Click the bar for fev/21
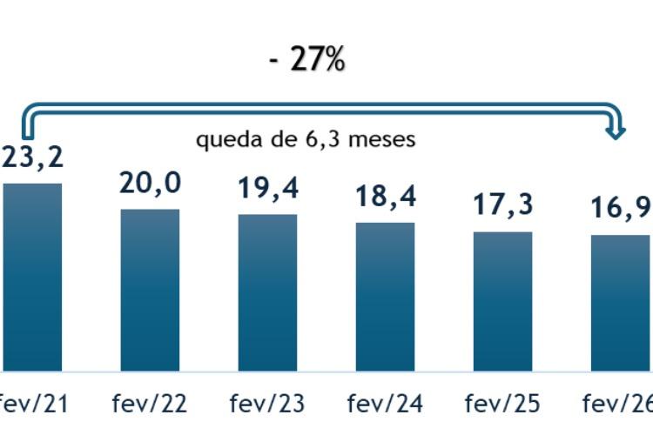[32, 277]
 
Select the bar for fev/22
[150, 290]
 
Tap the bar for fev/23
[267, 292]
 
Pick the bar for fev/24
[385, 297]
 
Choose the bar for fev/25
[502, 301]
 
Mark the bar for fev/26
[620, 303]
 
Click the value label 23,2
[33, 159]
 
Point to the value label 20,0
[150, 184]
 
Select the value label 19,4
[267, 189]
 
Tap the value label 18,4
[385, 197]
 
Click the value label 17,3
[502, 205]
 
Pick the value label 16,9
[620, 210]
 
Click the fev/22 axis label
[150, 405]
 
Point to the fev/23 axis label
[267, 405]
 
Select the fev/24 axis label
[385, 405]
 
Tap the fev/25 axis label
[502, 405]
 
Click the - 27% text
[307, 61]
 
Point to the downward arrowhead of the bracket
[617, 132]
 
